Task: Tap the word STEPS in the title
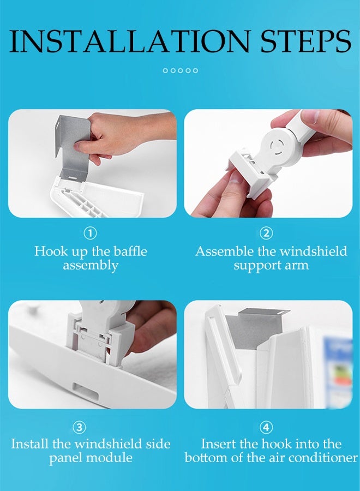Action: point(306,41)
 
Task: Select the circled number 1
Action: point(90,233)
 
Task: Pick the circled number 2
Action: point(266,233)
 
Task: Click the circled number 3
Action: point(79,427)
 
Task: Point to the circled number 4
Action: point(266,427)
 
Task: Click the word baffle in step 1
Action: point(130,251)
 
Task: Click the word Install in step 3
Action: point(30,444)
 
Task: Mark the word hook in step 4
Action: point(277,444)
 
